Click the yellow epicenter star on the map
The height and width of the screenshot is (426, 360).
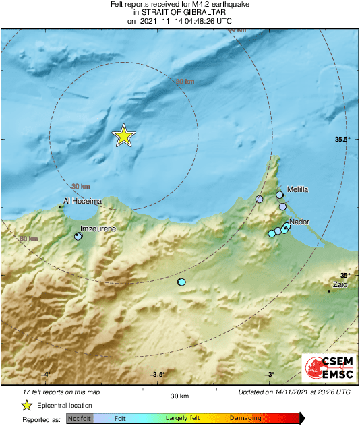point(123,135)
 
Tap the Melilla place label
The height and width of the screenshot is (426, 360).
point(297,190)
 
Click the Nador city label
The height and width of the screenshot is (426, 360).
point(299,222)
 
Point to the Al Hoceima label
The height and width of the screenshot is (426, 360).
point(82,201)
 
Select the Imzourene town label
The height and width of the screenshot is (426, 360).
point(98,229)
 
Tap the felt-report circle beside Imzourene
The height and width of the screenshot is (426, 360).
point(78,237)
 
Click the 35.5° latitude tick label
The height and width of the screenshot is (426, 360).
point(343,139)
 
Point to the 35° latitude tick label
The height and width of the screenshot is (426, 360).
point(345,276)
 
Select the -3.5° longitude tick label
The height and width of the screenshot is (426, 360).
point(158,375)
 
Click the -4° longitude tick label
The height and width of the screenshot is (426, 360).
point(45,375)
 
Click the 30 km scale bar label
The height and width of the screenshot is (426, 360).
point(179,396)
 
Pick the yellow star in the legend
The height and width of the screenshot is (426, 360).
point(26,405)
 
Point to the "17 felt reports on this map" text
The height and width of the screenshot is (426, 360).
point(61,392)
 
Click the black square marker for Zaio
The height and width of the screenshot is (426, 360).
point(329,291)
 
